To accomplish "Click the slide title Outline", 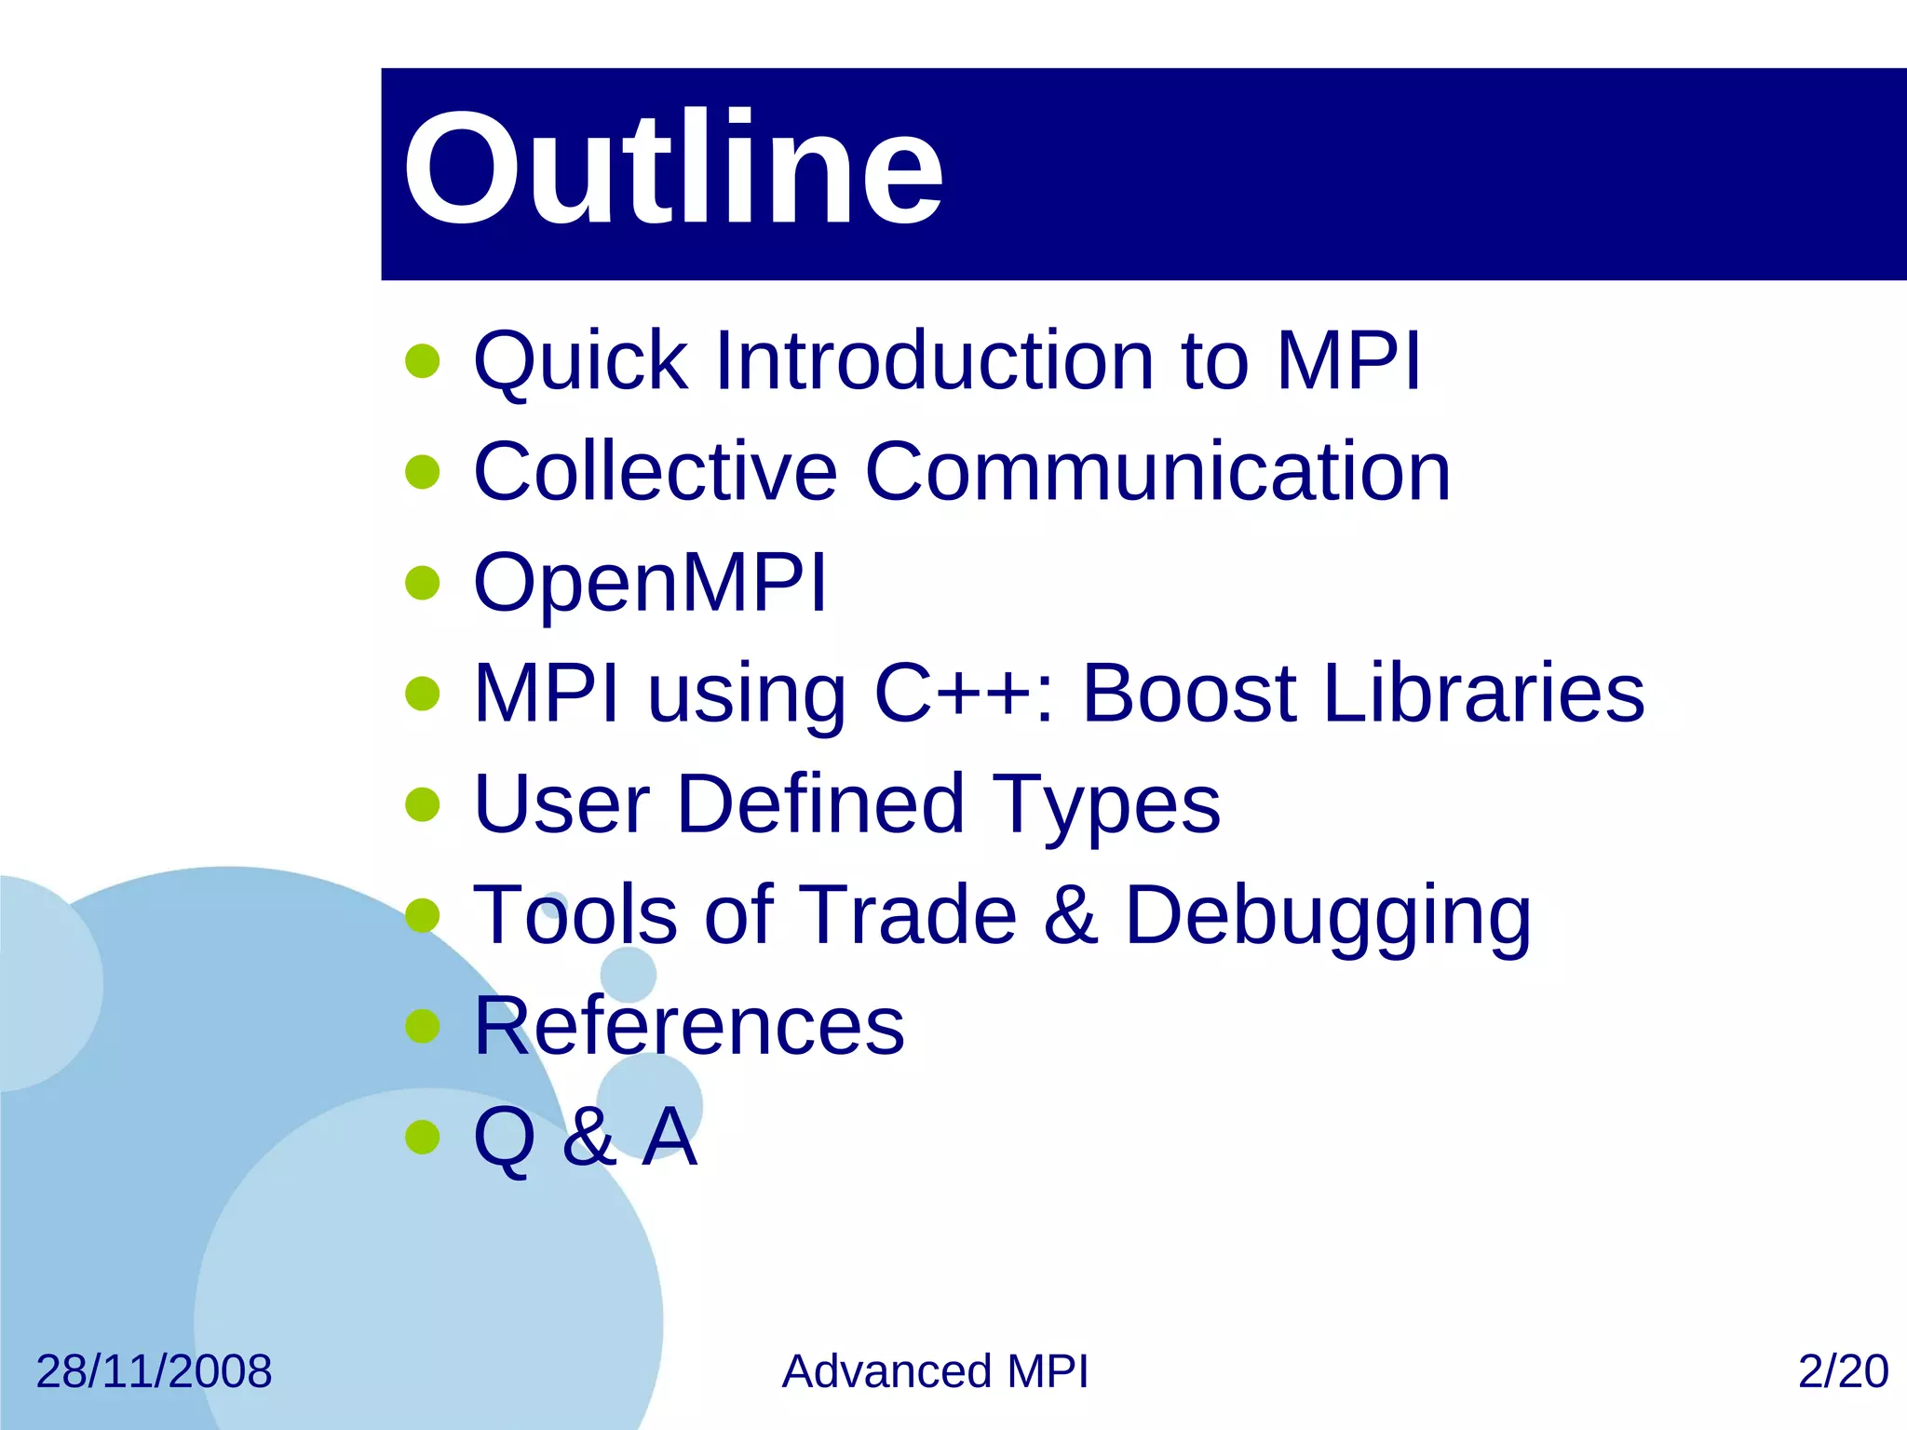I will point(672,169).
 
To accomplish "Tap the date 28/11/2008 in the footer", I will point(154,1371).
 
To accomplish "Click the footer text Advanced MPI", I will point(935,1371).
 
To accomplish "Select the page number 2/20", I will point(1843,1371).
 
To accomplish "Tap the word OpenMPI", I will point(650,584).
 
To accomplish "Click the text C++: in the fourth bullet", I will point(965,694).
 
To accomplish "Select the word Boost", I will point(1189,694).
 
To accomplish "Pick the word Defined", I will point(820,804).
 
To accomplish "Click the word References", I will point(689,1026).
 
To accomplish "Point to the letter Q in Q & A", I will point(504,1138).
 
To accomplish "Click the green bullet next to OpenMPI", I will point(423,584).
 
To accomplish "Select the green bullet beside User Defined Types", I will point(423,805).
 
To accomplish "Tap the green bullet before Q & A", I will point(423,1137).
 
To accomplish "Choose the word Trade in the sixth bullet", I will point(907,915).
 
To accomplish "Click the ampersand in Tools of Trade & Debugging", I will point(1070,916).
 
